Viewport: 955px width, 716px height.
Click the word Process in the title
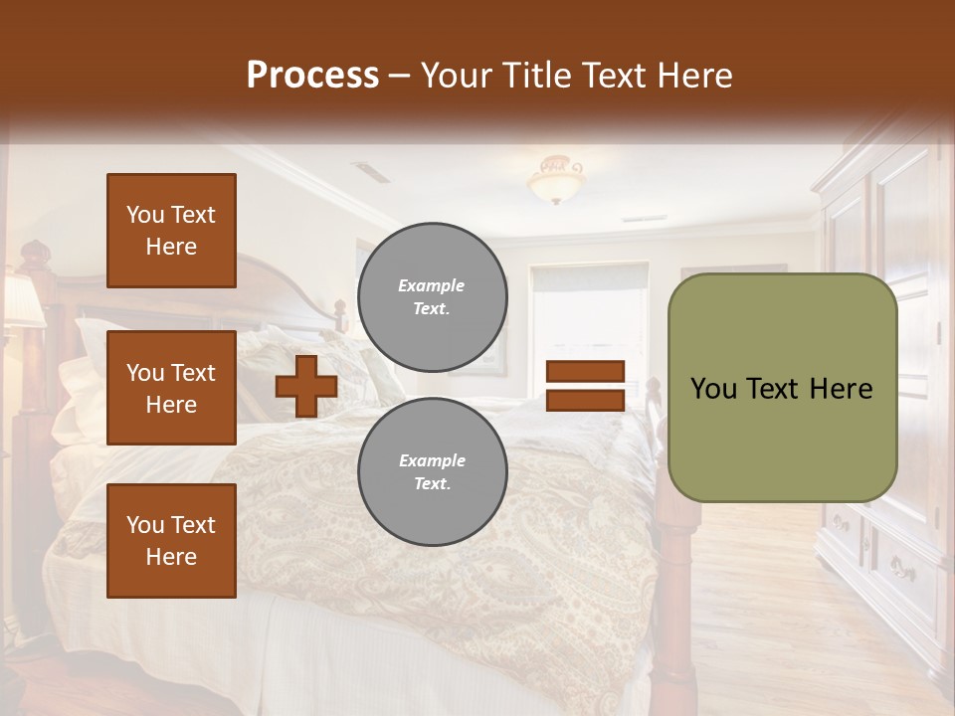coord(312,75)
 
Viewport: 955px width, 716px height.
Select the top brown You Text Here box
coord(171,231)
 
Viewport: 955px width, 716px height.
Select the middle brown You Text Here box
coord(171,388)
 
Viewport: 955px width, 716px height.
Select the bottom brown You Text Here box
coord(171,540)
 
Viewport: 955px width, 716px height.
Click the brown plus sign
coord(306,386)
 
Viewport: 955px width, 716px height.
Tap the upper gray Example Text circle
coord(432,297)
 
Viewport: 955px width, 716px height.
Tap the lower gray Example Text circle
coord(432,471)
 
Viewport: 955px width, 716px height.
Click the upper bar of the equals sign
coord(585,372)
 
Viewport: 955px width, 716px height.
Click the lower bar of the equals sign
coord(585,400)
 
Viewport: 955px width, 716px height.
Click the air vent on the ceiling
coord(371,172)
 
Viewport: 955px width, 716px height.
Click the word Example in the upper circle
coord(431,286)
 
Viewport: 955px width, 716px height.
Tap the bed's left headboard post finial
coord(35,252)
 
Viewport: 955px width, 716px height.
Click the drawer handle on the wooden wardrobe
coord(902,570)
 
